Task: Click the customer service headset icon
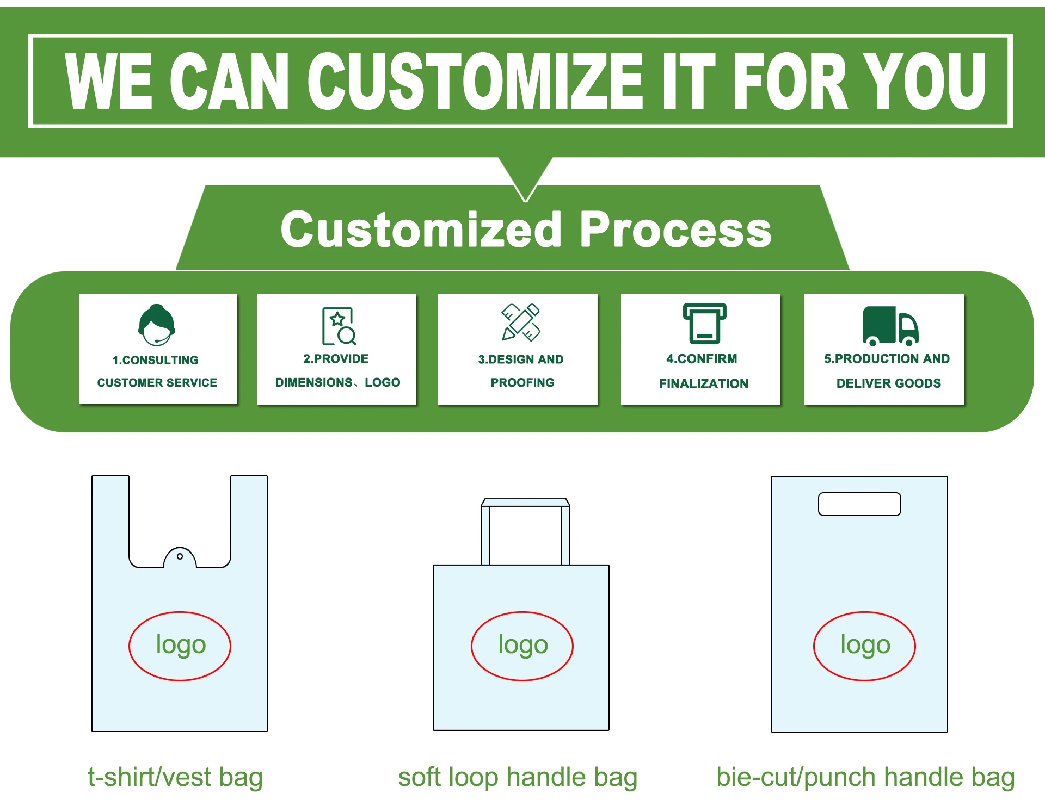point(157,325)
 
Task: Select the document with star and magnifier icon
point(339,326)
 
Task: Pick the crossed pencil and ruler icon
point(520,323)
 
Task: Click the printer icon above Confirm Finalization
point(704,324)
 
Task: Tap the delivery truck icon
point(890,326)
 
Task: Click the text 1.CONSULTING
point(156,360)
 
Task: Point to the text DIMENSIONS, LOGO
point(337,382)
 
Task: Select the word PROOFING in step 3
point(522,382)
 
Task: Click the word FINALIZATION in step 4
point(703,383)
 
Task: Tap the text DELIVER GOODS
point(888,383)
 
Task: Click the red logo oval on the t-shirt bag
point(180,646)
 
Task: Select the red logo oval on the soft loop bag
point(522,646)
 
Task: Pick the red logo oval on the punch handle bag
point(864,646)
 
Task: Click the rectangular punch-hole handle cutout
point(859,504)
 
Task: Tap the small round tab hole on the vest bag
point(180,556)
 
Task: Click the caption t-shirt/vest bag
point(175,777)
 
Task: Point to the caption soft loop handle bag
point(518,777)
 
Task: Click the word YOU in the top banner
point(925,82)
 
